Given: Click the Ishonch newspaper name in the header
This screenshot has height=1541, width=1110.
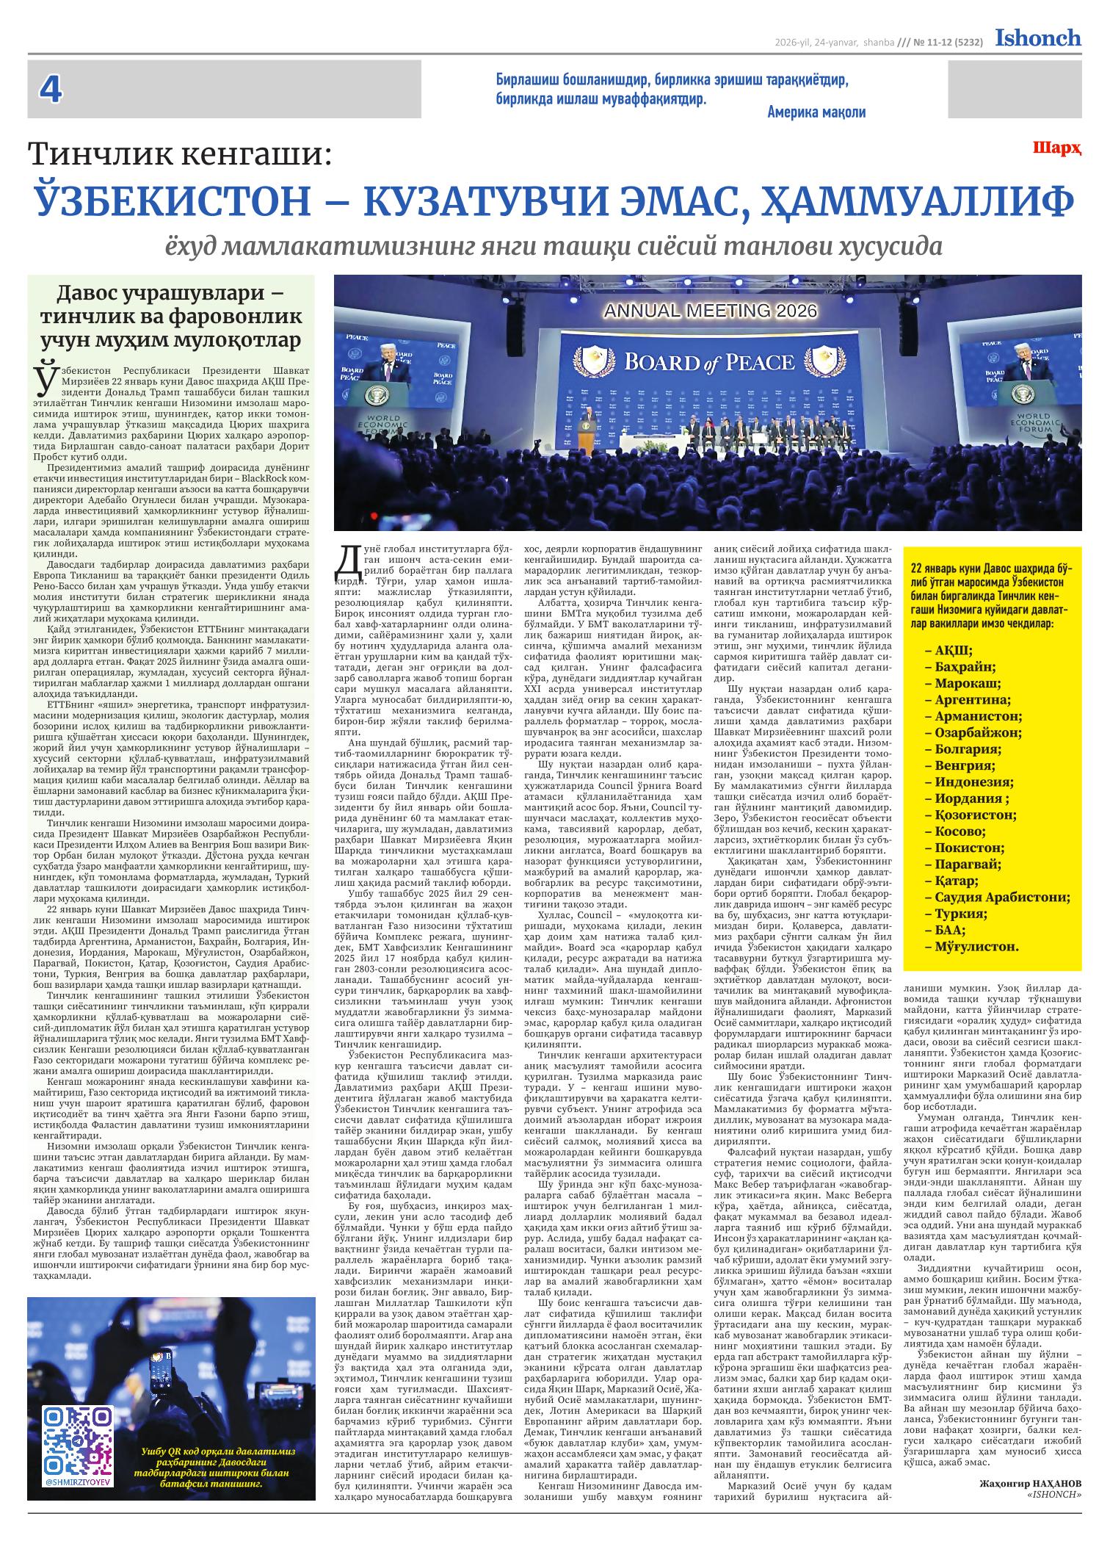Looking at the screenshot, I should coord(1038,37).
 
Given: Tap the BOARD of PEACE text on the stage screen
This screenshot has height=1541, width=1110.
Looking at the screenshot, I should coord(708,362).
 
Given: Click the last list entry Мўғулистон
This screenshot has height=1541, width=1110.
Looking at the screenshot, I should coord(976,946).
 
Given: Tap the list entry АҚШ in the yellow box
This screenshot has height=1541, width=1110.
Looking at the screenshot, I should coord(954,650).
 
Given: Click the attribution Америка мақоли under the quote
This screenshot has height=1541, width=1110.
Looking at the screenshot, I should coord(816,112).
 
